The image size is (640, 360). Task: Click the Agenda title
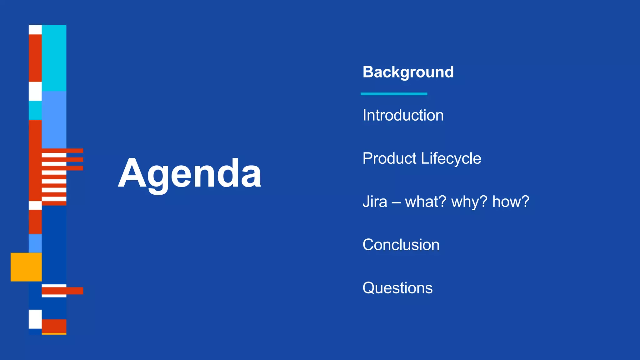pyautogui.click(x=189, y=174)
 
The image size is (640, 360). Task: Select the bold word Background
pyautogui.click(x=408, y=72)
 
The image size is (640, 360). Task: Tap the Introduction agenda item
pyautogui.click(x=403, y=115)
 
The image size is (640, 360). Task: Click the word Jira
pyautogui.click(x=374, y=202)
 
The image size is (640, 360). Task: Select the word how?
pyautogui.click(x=511, y=202)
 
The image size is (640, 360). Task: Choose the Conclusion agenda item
pyautogui.click(x=401, y=245)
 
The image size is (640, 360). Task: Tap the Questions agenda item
pyautogui.click(x=397, y=288)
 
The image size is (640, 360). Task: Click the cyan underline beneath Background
pyautogui.click(x=394, y=94)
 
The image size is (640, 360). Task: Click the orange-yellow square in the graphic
pyautogui.click(x=26, y=267)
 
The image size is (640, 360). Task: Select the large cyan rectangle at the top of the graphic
pyautogui.click(x=54, y=58)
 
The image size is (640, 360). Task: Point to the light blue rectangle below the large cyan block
pyautogui.click(x=54, y=119)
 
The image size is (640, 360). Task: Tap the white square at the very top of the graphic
pyautogui.click(x=35, y=30)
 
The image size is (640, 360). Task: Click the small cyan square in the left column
pyautogui.click(x=35, y=110)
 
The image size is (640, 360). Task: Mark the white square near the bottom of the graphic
pyautogui.click(x=35, y=319)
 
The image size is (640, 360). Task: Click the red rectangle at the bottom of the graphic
pyautogui.click(x=54, y=326)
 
